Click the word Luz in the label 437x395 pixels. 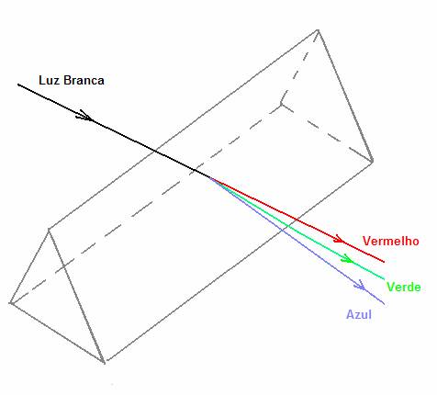point(49,80)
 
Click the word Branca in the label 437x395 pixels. point(84,80)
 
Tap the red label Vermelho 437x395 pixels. point(391,241)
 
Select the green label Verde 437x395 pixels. point(404,287)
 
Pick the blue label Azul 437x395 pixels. point(359,314)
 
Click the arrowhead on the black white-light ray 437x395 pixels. point(84,116)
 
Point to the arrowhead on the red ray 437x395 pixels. point(339,239)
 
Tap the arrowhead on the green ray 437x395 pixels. point(348,259)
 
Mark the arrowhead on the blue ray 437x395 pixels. point(360,286)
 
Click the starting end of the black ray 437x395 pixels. point(18,85)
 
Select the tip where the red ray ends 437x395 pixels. point(384,262)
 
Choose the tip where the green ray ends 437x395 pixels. point(384,278)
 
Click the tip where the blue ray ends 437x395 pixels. point(384,304)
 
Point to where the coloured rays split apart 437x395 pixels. point(210,177)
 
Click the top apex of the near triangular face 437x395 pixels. point(49,229)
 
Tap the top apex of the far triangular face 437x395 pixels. point(318,30)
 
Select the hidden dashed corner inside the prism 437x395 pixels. point(281,105)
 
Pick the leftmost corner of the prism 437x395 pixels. point(10,303)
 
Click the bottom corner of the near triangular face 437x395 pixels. point(105,363)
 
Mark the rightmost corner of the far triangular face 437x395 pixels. point(373,162)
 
